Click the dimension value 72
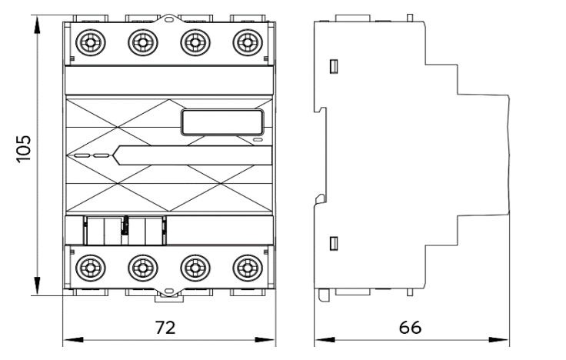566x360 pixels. (x=165, y=326)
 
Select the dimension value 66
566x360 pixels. (x=410, y=326)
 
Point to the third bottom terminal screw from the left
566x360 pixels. (x=193, y=267)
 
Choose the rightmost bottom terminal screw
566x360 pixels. (x=246, y=267)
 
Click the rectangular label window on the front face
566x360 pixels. (x=223, y=122)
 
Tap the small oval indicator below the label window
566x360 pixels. (x=258, y=140)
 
